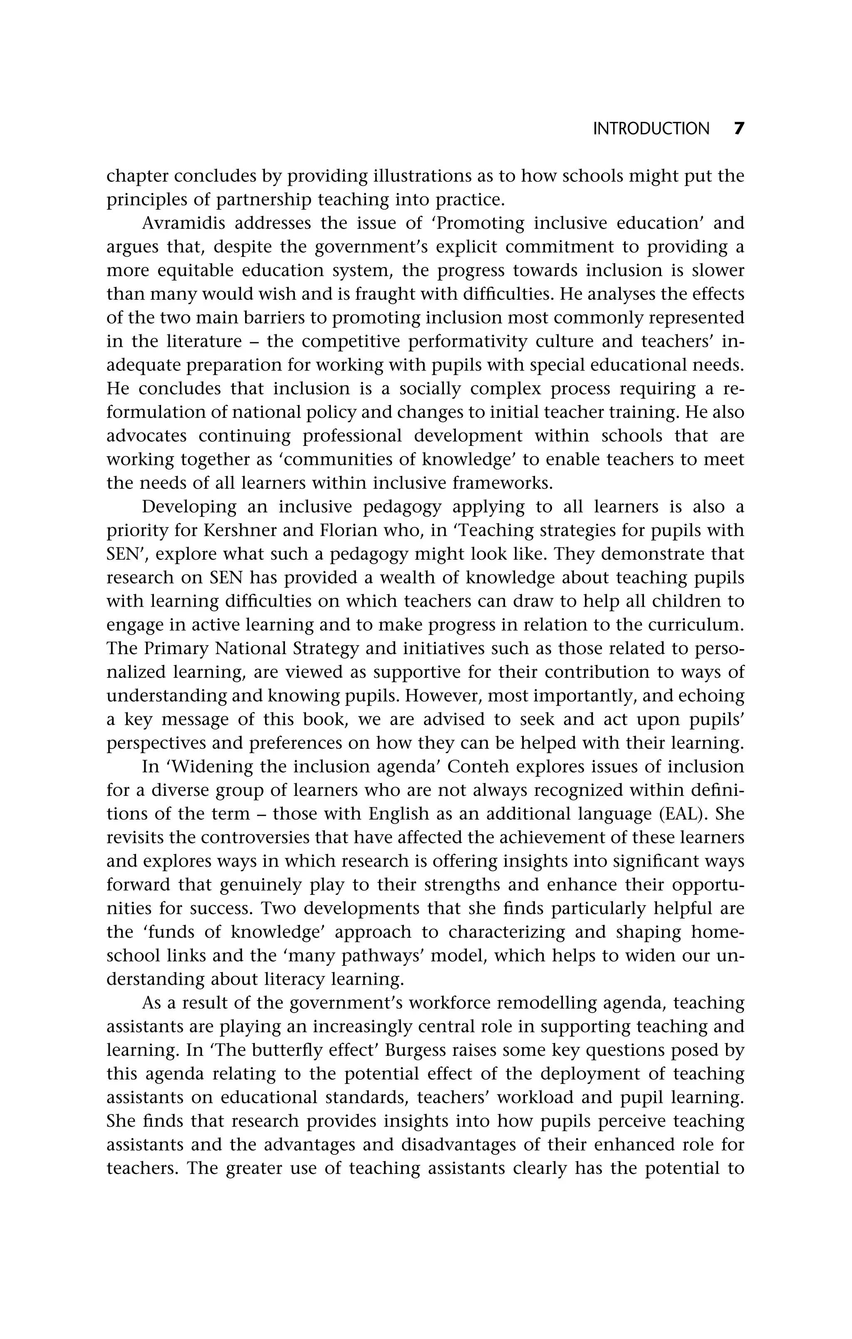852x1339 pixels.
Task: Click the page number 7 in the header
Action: click(738, 129)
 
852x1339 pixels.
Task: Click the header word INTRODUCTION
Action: click(651, 129)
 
